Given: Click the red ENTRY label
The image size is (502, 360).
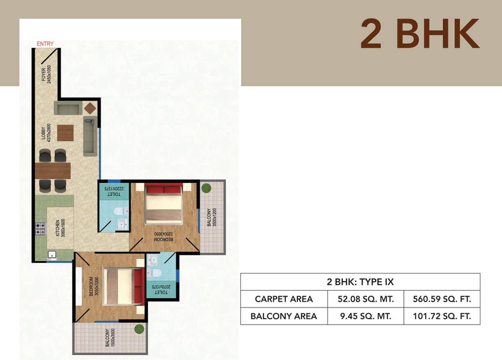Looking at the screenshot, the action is coord(45,44).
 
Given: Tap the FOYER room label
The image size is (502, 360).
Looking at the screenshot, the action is coord(44,74).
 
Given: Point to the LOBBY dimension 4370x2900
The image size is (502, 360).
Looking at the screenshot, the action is coord(49,133).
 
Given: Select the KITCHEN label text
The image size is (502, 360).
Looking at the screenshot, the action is coord(58,228).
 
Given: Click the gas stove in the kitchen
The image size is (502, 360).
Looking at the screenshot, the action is coord(40,228).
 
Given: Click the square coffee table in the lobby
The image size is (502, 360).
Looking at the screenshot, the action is coord(65,133).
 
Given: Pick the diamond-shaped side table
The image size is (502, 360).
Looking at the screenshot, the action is coord(90,108).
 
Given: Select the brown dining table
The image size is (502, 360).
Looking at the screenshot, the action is coord(53,171).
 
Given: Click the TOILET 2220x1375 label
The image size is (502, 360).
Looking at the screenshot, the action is coord(114,192).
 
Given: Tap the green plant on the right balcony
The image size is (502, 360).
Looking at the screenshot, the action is coord(206,188).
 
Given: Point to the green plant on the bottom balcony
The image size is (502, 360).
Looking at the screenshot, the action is coord(139,329).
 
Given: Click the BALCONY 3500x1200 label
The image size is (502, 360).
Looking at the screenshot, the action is coord(212,217).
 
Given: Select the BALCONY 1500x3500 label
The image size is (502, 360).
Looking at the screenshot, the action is coord(110,338).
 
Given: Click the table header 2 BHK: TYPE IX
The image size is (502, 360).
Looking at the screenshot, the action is coord(360,282).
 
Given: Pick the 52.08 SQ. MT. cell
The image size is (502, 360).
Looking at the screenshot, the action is coord(365,299).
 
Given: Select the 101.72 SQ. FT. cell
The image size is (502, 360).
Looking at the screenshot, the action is coord(442,316).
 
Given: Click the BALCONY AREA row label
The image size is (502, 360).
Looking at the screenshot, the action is coord(284,316).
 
